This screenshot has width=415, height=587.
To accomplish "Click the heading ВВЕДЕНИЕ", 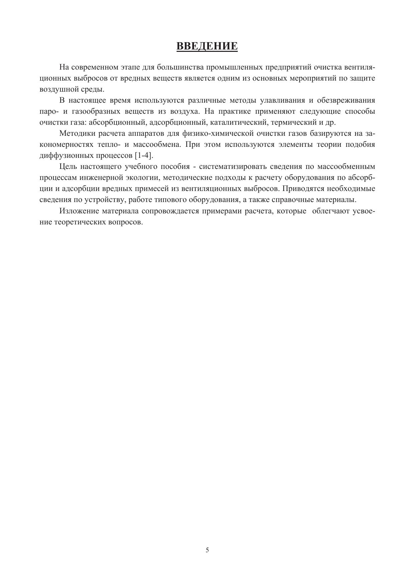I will coord(207,46).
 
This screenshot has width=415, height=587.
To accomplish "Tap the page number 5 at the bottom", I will coord(207,550).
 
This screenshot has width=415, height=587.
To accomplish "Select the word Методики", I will coord(77,133).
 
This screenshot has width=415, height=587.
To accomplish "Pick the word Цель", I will coord(67,167).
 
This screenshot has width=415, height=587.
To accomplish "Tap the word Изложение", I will coord(79,211).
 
